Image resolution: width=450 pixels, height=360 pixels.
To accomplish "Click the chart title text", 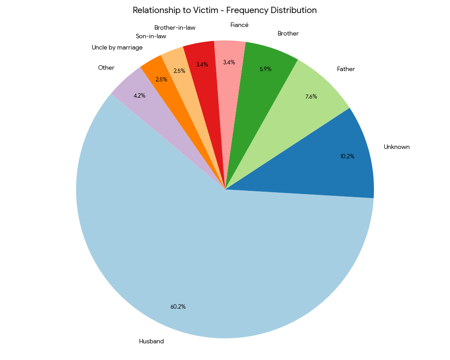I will click(x=225, y=10).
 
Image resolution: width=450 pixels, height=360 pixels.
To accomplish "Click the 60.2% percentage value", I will click(x=178, y=307).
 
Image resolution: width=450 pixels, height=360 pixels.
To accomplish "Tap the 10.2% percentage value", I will click(x=347, y=157).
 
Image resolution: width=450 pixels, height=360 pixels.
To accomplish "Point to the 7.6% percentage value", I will click(x=311, y=96).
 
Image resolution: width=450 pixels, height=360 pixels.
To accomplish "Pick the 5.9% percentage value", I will click(x=265, y=69).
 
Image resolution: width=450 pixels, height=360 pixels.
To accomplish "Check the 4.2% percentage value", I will click(x=139, y=96).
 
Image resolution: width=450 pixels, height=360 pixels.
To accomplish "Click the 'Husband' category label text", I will click(x=151, y=342).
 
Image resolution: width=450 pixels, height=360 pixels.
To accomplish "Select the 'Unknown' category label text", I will click(x=396, y=147).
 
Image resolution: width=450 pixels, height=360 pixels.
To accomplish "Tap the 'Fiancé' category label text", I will click(x=239, y=25).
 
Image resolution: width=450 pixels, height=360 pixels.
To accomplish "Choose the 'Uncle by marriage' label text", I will click(x=117, y=48).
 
